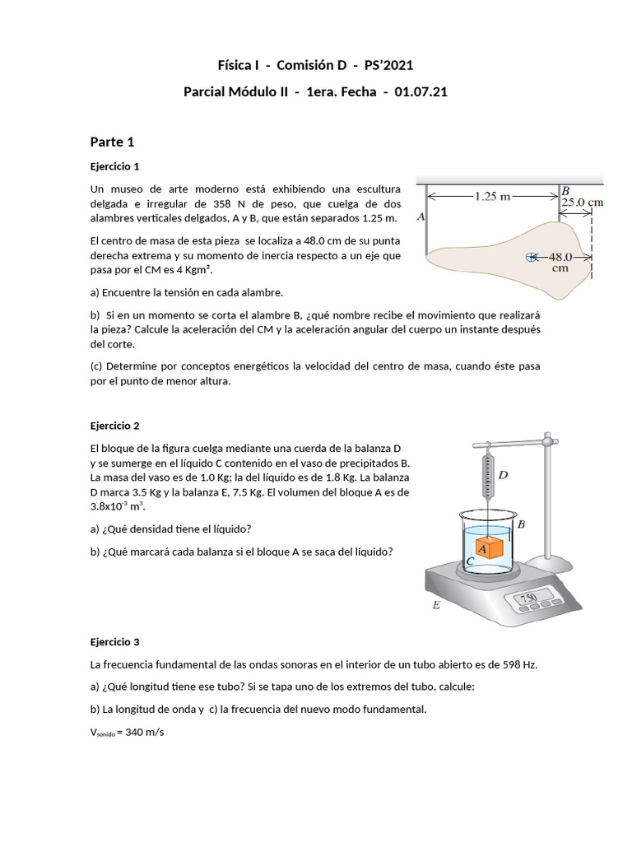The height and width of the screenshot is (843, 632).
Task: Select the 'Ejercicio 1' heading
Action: [x=114, y=165]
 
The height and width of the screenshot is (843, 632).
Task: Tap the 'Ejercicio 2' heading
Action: [x=114, y=426]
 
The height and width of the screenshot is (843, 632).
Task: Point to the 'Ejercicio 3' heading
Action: [x=114, y=641]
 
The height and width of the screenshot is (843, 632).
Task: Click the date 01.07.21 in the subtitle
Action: [x=421, y=92]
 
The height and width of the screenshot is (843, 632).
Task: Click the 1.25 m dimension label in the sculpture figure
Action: [x=493, y=196]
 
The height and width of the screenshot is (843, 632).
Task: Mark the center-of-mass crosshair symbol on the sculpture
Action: [x=530, y=257]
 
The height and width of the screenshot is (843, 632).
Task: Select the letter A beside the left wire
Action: [x=421, y=218]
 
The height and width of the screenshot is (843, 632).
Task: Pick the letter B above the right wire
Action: [x=565, y=189]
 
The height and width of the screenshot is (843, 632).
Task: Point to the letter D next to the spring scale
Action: [x=503, y=474]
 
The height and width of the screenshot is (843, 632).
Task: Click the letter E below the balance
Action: [x=436, y=606]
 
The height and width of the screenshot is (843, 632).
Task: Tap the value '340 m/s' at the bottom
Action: [x=145, y=732]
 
